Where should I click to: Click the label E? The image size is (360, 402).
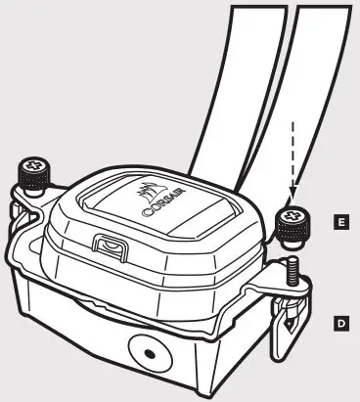(338, 224)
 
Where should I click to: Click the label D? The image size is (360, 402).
(338, 320)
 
